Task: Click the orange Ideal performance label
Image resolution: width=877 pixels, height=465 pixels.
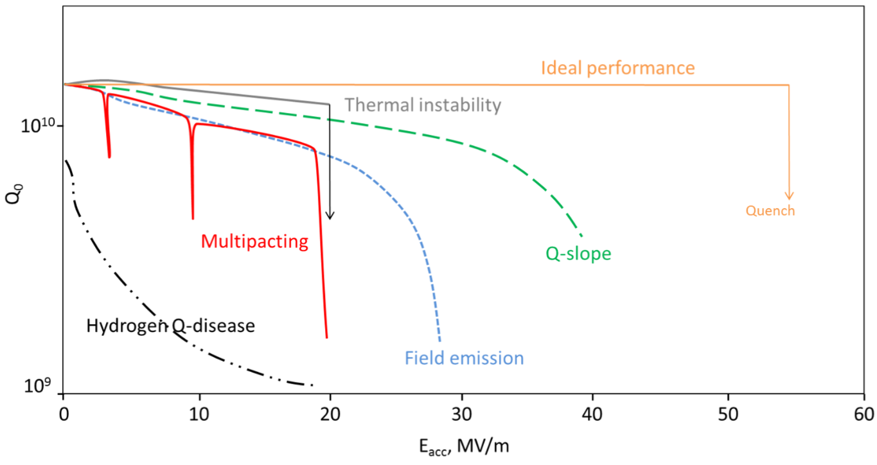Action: pos(617,68)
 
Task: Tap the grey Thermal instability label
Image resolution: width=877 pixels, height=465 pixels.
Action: pos(422,105)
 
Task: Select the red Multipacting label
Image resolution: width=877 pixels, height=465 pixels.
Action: pos(254,242)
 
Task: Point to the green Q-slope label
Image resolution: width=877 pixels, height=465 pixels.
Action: pos(578,254)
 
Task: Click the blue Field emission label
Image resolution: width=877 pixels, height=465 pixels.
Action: pos(464,358)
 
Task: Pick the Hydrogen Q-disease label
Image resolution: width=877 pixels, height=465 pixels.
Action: pos(170,326)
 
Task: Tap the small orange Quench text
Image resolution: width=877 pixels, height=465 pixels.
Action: pos(770,211)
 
